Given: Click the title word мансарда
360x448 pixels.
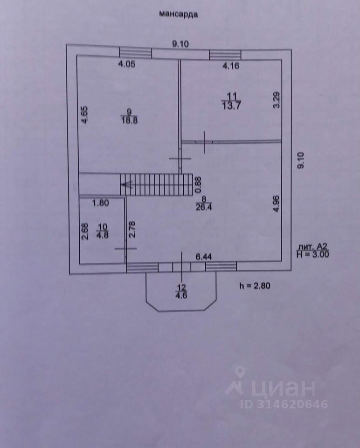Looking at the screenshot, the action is (179, 14).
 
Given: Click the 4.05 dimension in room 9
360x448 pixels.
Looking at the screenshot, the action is (127, 65).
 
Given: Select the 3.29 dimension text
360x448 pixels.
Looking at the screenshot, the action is (276, 101).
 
